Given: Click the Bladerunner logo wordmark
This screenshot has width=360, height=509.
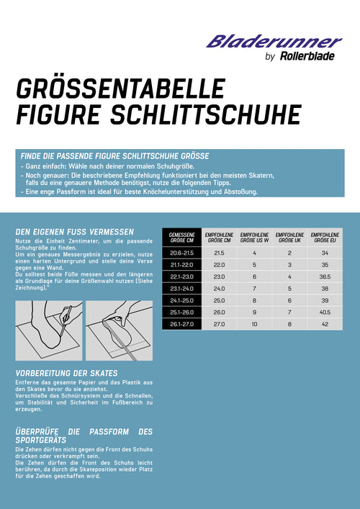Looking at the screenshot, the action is (x=274, y=42).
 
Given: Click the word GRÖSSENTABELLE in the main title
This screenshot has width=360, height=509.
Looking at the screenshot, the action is (x=120, y=90).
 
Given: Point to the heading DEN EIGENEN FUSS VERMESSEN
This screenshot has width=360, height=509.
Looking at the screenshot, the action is (x=74, y=231).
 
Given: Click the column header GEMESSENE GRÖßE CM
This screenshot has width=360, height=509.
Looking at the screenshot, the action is (x=182, y=238).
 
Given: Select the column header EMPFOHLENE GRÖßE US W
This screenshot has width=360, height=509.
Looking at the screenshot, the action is (x=254, y=238).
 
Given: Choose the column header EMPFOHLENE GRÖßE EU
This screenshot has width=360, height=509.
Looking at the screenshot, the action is (x=325, y=238).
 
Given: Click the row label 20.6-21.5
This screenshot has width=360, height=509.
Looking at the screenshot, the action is (x=182, y=253).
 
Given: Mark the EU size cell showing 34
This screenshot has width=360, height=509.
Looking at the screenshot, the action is (x=325, y=253).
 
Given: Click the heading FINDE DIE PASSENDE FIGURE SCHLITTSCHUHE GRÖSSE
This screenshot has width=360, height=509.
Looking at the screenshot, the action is (x=115, y=156).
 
